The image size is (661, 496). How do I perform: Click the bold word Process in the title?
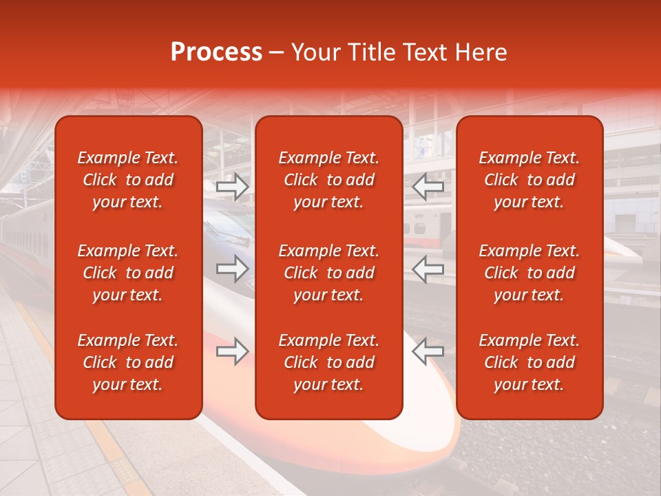216,52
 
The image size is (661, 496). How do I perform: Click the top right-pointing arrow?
233,186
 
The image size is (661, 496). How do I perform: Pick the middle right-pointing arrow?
233,269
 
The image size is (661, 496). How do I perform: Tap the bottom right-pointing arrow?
233,351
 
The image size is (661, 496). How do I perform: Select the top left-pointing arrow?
428,186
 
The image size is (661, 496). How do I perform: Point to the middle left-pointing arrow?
428,269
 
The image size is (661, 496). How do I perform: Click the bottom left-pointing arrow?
428,351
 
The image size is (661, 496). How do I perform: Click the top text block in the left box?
128,180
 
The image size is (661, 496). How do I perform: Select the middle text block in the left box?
128,273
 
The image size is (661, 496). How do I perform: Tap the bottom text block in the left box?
128,362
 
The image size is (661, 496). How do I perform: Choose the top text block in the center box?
328,180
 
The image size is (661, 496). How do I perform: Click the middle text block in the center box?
328,273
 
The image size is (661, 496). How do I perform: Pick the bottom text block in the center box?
328,362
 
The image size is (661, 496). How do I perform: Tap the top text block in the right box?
529,180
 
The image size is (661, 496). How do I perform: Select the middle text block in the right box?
529,273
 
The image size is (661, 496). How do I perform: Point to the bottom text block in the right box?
529,362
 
